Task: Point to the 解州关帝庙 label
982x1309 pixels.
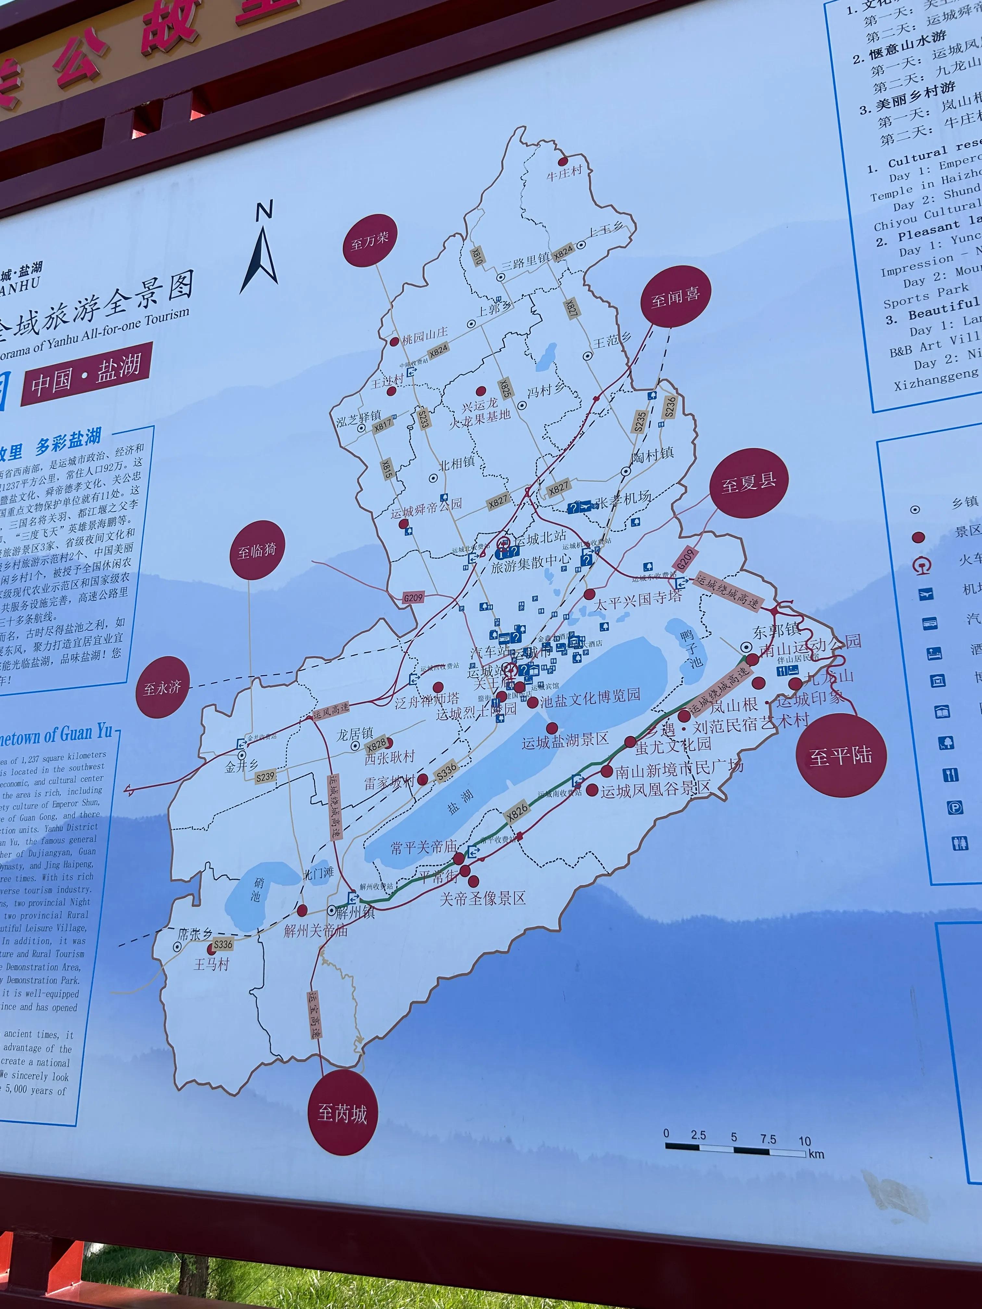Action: [316, 930]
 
